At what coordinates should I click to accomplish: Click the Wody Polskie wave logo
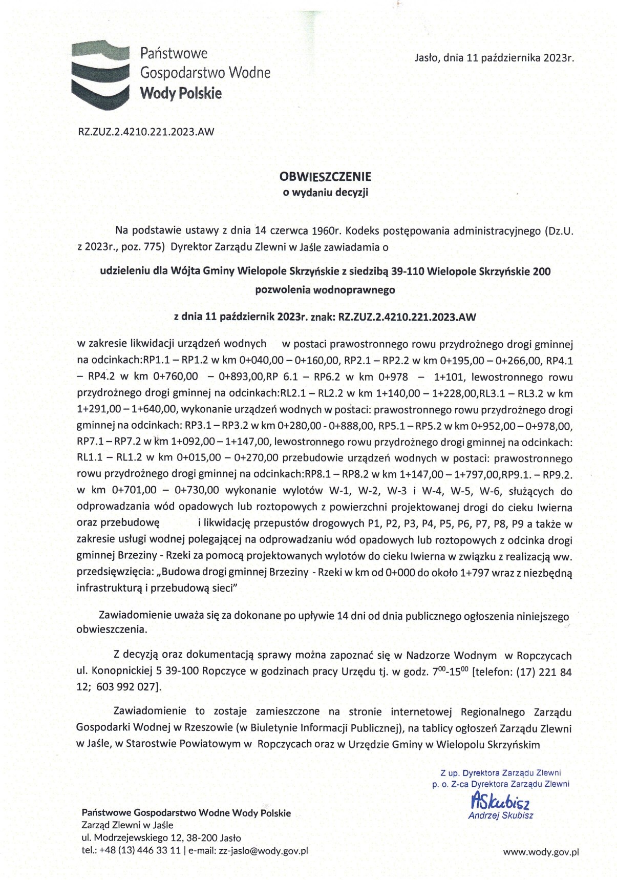pyautogui.click(x=99, y=75)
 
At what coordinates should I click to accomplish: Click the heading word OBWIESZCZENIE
pyautogui.click(x=325, y=177)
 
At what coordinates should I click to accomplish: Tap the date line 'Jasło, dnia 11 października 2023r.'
pyautogui.click(x=494, y=58)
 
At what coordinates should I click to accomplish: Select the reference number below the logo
pyautogui.click(x=146, y=132)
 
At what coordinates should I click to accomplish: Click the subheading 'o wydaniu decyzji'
pyautogui.click(x=326, y=193)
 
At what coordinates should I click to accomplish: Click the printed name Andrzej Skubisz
pyautogui.click(x=500, y=815)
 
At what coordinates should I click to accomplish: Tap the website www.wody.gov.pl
pyautogui.click(x=541, y=852)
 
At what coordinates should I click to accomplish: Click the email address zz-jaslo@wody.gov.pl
pyautogui.click(x=263, y=851)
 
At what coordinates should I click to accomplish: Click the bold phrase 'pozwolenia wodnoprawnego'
pyautogui.click(x=325, y=290)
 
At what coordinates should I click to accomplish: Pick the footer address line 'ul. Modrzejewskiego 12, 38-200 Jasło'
pyautogui.click(x=161, y=838)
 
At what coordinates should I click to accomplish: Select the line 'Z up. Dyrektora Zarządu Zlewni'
pyautogui.click(x=500, y=772)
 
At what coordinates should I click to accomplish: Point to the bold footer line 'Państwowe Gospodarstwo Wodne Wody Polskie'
pyautogui.click(x=186, y=813)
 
